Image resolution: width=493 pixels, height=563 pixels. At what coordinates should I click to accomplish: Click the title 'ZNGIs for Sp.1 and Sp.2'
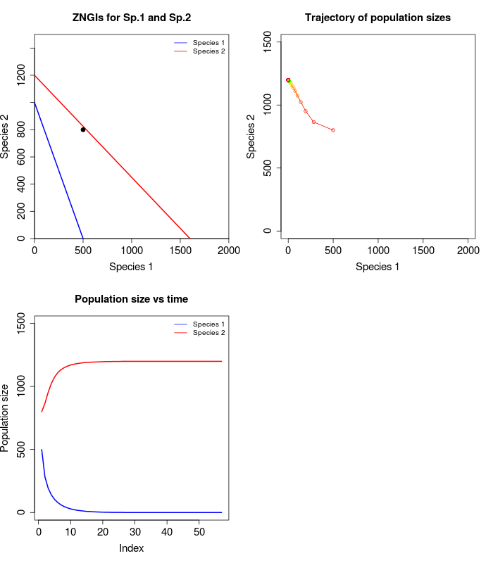pos(131,17)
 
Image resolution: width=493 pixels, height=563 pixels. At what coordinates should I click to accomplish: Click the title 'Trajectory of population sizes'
pos(377,17)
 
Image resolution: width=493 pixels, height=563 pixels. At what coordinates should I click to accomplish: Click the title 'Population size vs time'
pos(131,299)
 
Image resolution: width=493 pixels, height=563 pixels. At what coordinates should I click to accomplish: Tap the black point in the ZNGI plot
pos(83,129)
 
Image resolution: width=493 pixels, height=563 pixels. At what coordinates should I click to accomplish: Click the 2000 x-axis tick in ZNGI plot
pos(229,250)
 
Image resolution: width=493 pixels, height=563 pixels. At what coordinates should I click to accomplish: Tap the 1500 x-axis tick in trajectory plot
pos(423,250)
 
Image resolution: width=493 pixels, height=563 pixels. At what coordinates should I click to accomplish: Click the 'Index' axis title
pos(131,548)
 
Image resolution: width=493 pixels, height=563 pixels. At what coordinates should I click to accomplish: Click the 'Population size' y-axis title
pos(6,417)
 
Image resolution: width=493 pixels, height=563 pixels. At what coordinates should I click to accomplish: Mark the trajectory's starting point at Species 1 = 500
pos(333,130)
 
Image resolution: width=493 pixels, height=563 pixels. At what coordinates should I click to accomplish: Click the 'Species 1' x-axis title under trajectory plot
pos(377,266)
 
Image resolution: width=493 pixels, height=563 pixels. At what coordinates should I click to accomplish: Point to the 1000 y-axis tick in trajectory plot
pos(268,105)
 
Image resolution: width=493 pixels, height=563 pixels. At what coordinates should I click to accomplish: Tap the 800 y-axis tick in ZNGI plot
pos(22,130)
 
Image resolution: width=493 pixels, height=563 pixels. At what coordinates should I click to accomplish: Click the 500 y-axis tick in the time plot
pos(22,449)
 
